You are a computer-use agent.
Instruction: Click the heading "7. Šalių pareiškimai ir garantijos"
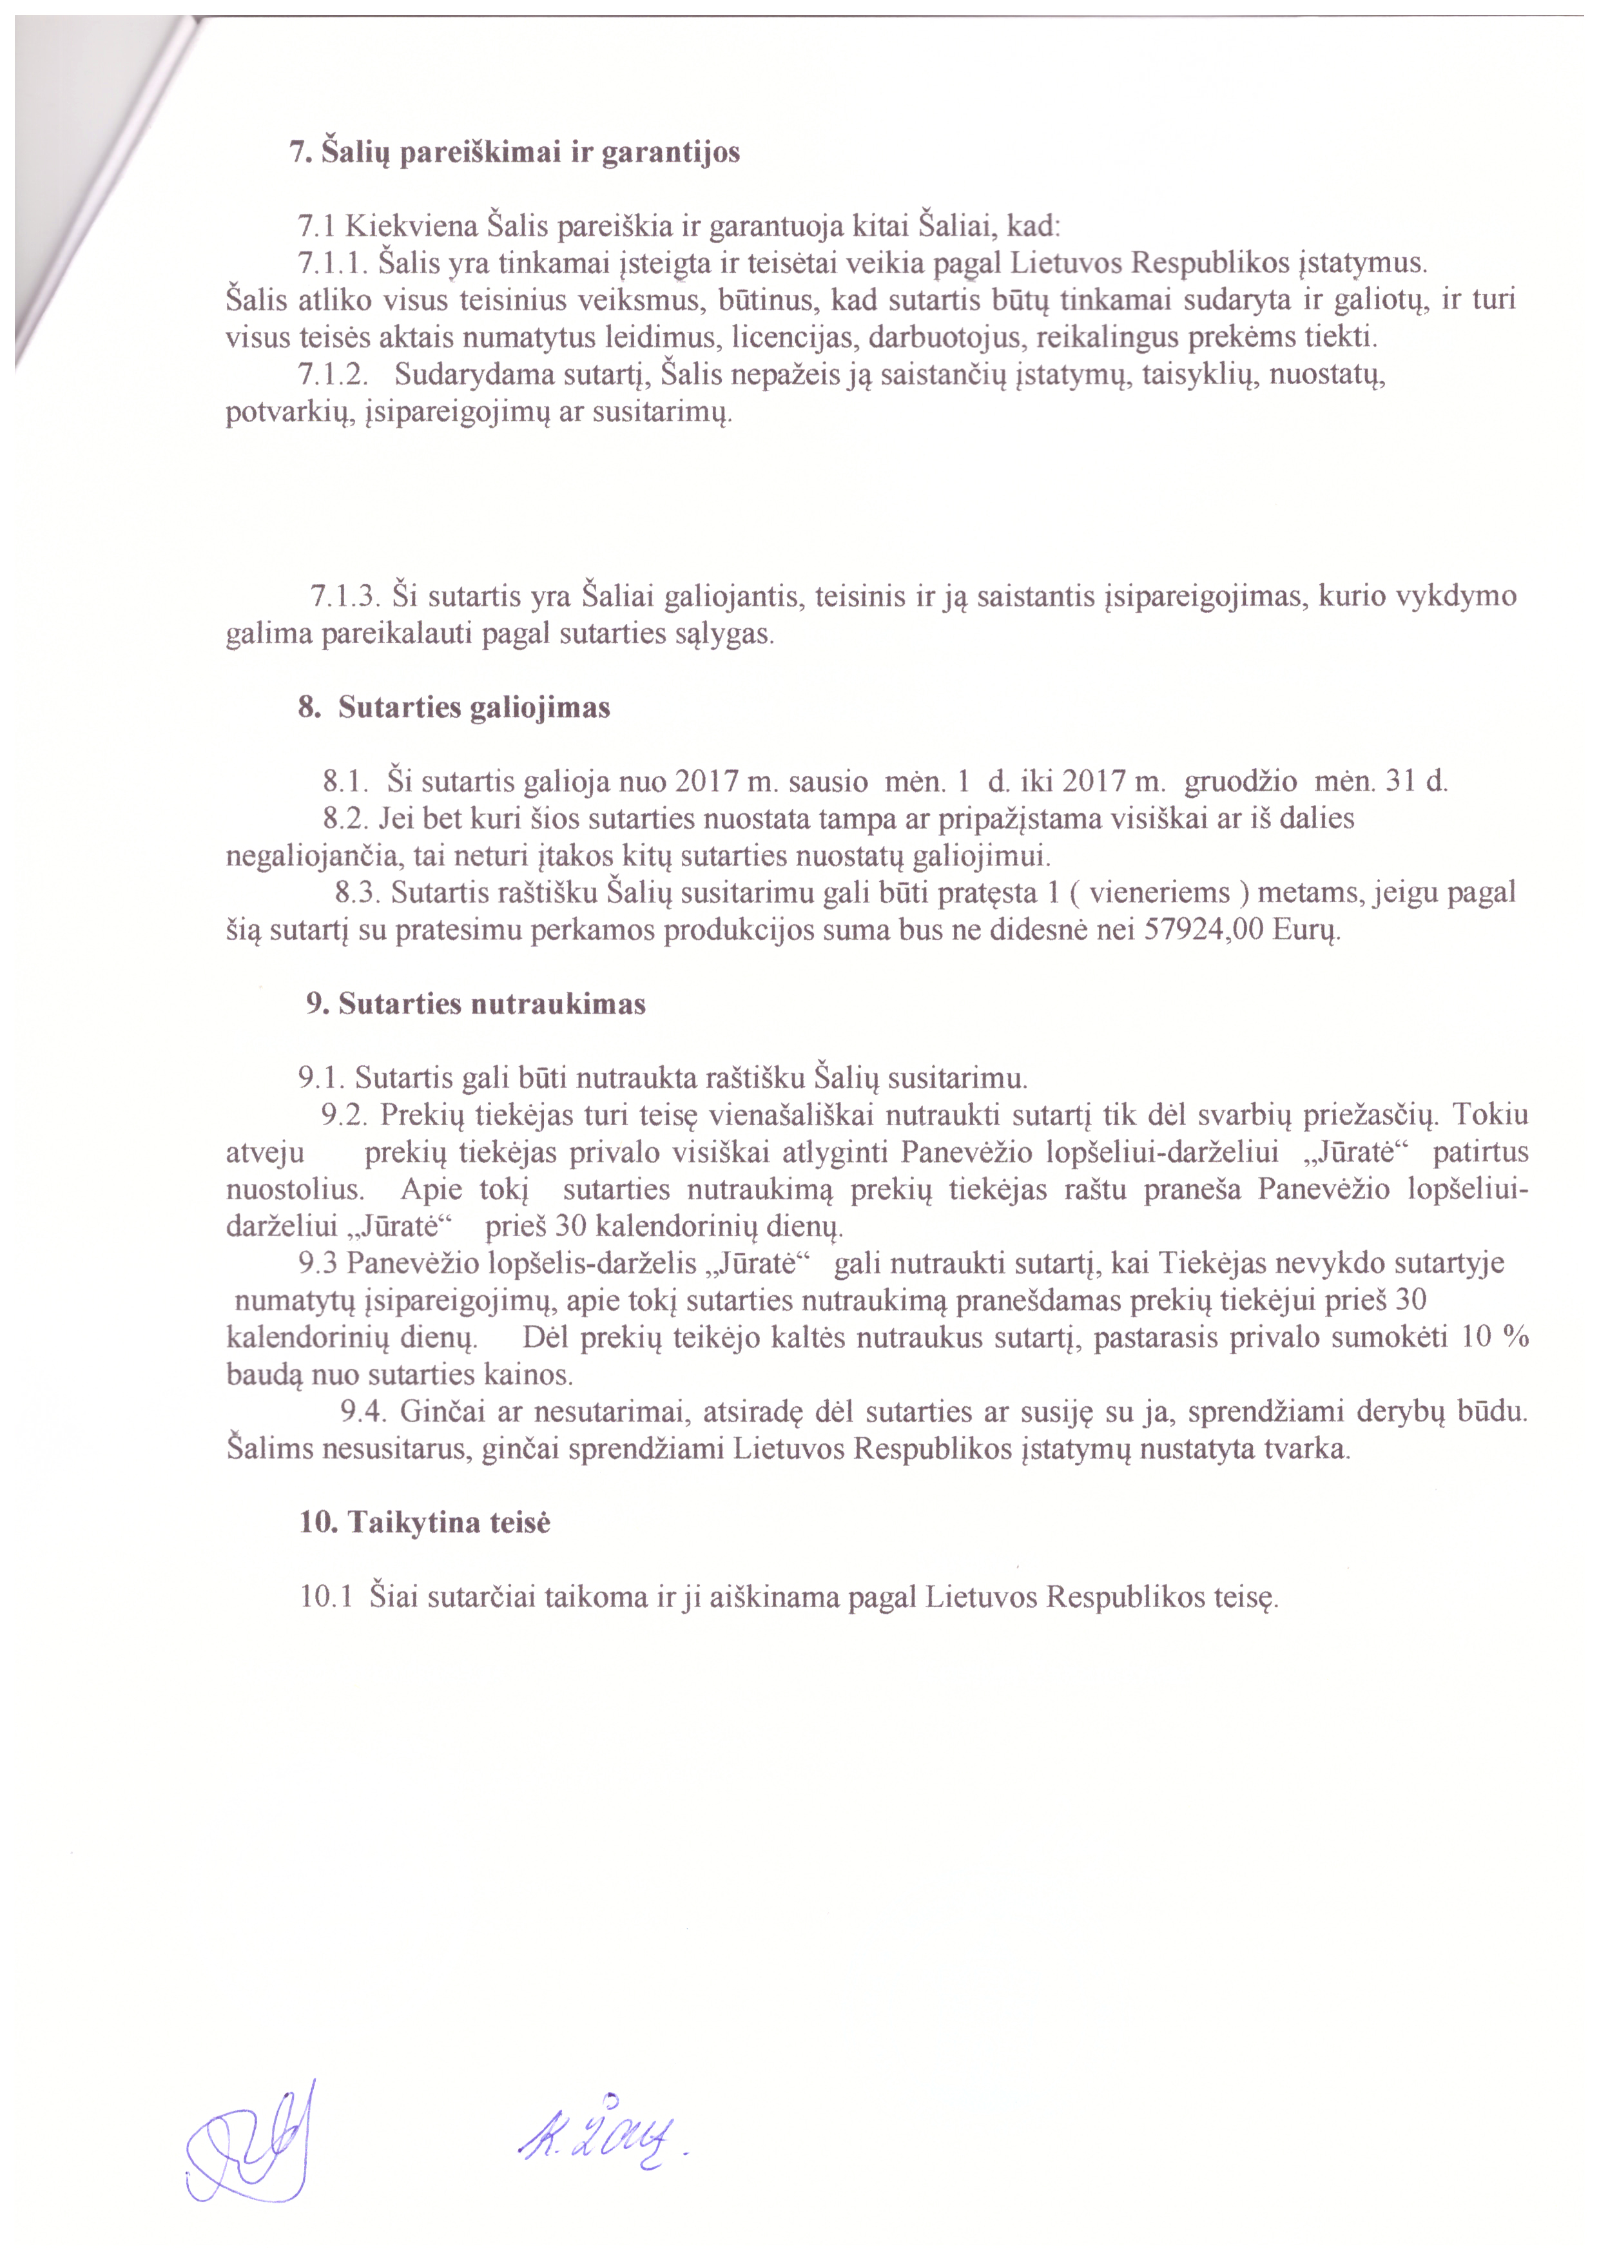click(514, 153)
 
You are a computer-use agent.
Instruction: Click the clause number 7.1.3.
click(345, 597)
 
